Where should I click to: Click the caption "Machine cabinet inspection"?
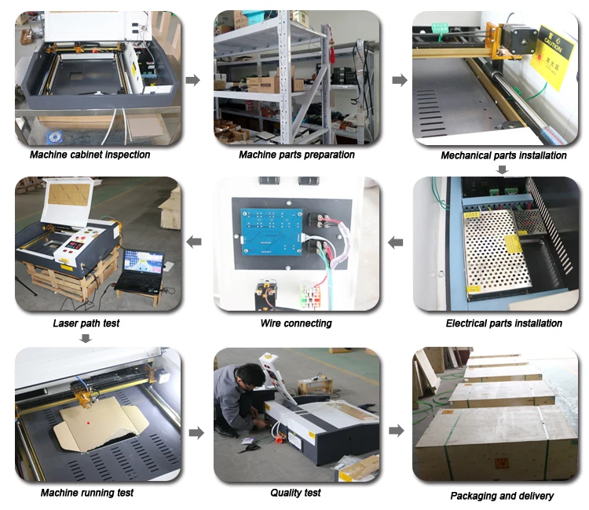pos(90,155)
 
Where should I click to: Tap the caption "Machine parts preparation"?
pos(297,155)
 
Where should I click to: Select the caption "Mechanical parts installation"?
pos(503,155)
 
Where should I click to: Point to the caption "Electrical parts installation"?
pos(503,323)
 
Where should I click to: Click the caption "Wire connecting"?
pos(296,323)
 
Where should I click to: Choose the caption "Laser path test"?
pos(87,323)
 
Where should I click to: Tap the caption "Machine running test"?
pos(87,493)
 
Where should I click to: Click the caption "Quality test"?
pos(295,493)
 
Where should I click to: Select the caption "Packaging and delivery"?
pos(502,496)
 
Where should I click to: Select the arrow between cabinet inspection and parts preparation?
pos(196,80)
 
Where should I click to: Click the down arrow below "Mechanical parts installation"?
pos(503,169)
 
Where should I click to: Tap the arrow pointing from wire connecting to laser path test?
pos(193,242)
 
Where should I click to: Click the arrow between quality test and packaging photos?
pos(397,431)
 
